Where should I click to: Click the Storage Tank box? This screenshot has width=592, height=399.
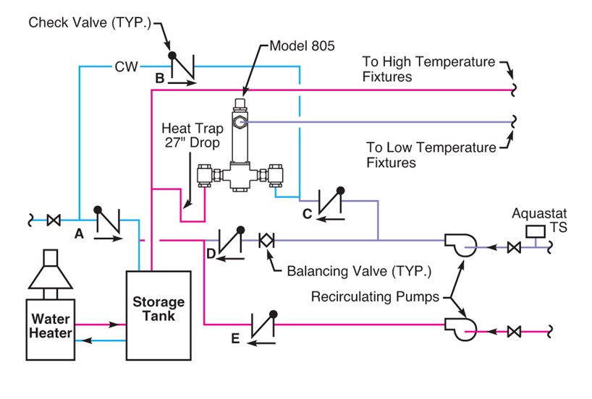(158, 315)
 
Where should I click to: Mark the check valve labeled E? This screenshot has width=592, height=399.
(265, 325)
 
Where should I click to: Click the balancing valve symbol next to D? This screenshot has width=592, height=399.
(265, 239)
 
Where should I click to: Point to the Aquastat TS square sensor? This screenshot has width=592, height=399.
(536, 231)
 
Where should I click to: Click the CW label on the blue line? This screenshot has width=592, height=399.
(125, 67)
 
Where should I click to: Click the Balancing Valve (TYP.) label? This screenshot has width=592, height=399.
(359, 273)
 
